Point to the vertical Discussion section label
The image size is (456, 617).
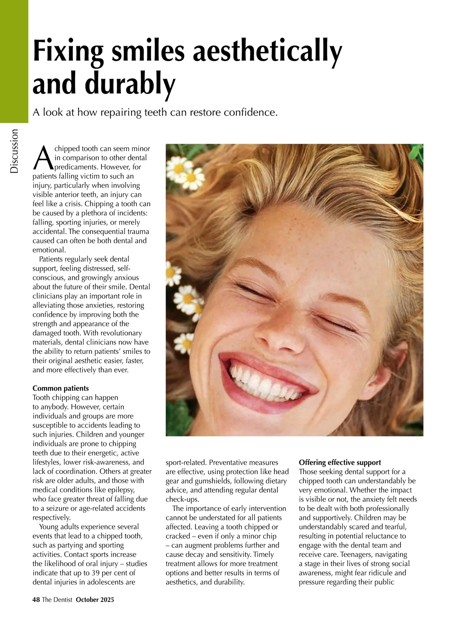14,151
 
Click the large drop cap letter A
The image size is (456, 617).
43,157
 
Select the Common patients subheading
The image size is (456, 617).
61,388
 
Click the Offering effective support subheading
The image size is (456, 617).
340,462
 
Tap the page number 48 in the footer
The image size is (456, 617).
36,600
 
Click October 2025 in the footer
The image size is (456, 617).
95,600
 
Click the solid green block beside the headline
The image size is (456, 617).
14,61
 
